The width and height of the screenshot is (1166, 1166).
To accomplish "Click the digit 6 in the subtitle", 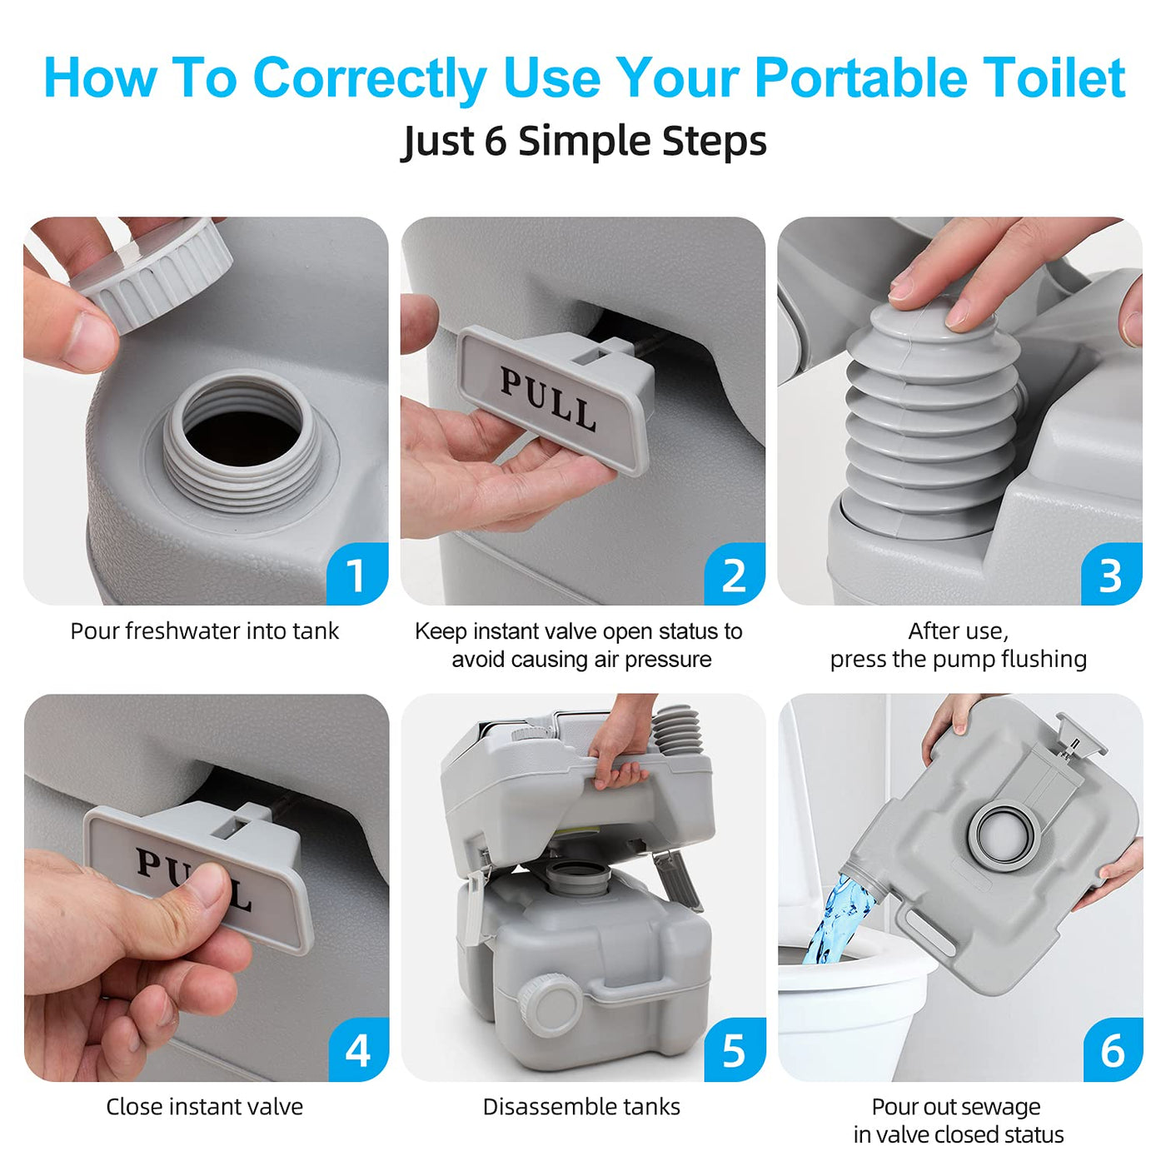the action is tap(495, 142).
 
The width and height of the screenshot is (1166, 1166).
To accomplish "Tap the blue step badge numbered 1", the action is tap(357, 574).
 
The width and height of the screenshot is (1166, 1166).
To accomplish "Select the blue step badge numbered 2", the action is tap(734, 574).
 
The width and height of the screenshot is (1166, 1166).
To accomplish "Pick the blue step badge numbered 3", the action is tap(1111, 574).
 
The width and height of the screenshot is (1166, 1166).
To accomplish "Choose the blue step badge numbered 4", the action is tap(358, 1051).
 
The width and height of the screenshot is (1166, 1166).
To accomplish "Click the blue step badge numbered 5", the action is tap(735, 1051).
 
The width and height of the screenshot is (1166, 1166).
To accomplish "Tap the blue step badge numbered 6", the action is tap(1112, 1051).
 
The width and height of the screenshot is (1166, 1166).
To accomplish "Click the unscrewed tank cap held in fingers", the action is tap(152, 272).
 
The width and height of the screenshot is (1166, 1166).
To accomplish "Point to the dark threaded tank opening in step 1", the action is tap(242, 438).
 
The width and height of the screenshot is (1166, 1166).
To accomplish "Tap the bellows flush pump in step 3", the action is tap(932, 417).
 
